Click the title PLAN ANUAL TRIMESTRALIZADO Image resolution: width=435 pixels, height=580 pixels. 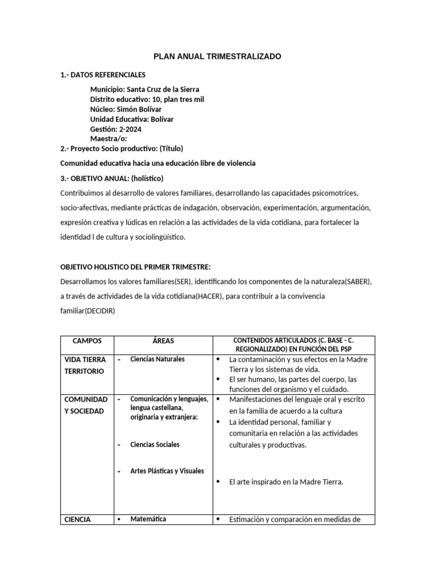pyautogui.click(x=217, y=57)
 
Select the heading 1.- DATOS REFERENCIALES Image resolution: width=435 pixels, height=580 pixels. pyautogui.click(x=103, y=75)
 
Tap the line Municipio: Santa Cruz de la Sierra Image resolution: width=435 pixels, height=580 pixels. pyautogui.click(x=144, y=89)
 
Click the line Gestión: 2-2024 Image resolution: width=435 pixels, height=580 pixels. pyautogui.click(x=116, y=129)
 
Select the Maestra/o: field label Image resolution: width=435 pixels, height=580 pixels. pyautogui.click(x=108, y=139)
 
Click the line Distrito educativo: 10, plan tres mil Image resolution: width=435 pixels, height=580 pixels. pyautogui.click(x=147, y=100)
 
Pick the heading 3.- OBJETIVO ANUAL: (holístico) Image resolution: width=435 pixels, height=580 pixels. pyautogui.click(x=112, y=178)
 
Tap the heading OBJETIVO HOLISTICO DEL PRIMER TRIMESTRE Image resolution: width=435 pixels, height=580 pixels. pyautogui.click(x=135, y=267)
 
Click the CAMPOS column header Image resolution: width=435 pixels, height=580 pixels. pyautogui.click(x=87, y=341)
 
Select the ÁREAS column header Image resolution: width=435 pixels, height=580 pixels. pyautogui.click(x=163, y=341)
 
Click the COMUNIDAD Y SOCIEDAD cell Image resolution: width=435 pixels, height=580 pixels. pyautogui.click(x=86, y=405)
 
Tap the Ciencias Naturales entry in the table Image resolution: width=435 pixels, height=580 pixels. pyautogui.click(x=157, y=359)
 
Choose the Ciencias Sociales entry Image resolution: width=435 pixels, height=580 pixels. pyautogui.click(x=155, y=445)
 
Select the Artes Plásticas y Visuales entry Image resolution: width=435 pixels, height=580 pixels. pyautogui.click(x=167, y=471)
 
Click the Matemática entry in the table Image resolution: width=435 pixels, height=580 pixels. pyautogui.click(x=148, y=519)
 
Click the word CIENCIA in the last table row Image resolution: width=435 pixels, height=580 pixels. pyautogui.click(x=78, y=519)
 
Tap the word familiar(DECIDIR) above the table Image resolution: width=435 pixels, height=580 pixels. pyautogui.click(x=87, y=311)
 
